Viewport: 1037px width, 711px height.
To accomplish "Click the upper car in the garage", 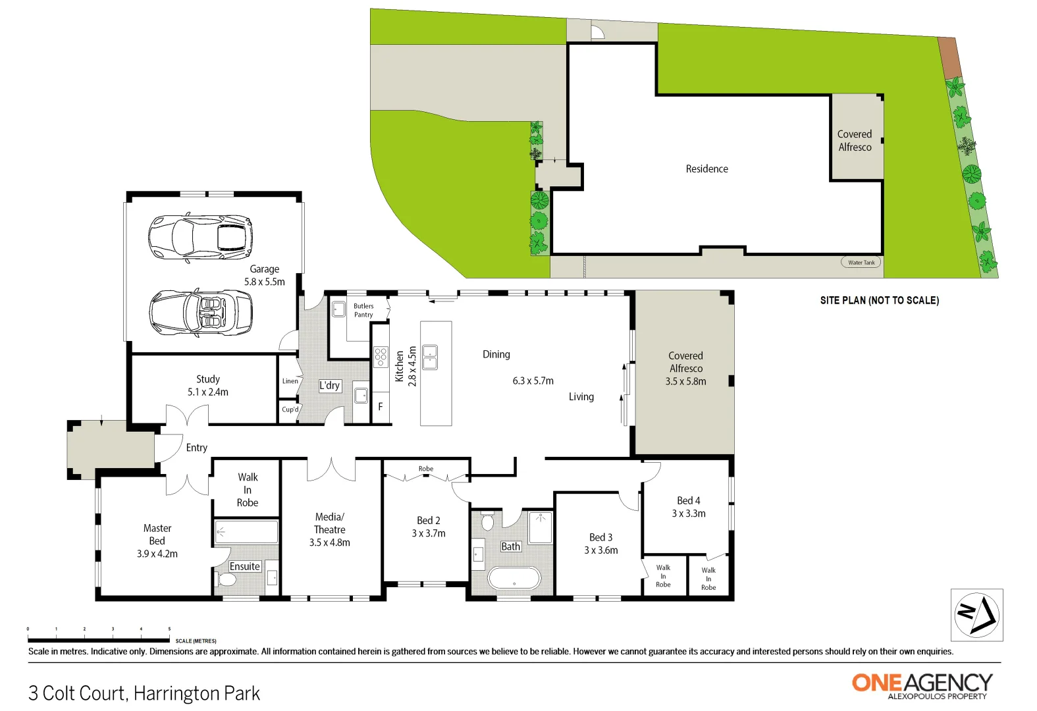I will (200, 237).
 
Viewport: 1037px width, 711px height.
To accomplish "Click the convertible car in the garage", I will (201, 313).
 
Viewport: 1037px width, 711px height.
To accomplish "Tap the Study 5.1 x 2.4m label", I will (208, 386).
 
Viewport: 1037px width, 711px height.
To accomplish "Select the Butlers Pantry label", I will (363, 310).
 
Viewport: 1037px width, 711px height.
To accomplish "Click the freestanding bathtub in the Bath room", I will (514, 579).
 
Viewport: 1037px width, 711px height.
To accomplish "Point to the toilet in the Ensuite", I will (226, 579).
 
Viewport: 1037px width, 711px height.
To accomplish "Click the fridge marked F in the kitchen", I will (381, 407).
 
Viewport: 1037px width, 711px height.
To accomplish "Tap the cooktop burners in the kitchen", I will (381, 357).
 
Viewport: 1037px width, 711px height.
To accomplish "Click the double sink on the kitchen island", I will (430, 357).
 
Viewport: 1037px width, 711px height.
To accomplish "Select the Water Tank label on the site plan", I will (861, 262).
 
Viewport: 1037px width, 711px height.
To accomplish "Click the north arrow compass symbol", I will (977, 615).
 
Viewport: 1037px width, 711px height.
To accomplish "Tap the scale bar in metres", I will (99, 639).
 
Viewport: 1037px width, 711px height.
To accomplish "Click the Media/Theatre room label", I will (329, 529).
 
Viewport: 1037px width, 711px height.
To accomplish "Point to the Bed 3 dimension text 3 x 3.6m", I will (601, 550).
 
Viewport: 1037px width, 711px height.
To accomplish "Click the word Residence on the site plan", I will (706, 169).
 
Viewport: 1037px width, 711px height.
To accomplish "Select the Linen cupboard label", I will (290, 381).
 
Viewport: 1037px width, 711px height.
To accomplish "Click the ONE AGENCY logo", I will (922, 685).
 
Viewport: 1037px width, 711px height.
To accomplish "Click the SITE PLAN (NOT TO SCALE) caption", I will (879, 300).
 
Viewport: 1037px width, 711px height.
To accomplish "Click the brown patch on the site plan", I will (949, 58).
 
